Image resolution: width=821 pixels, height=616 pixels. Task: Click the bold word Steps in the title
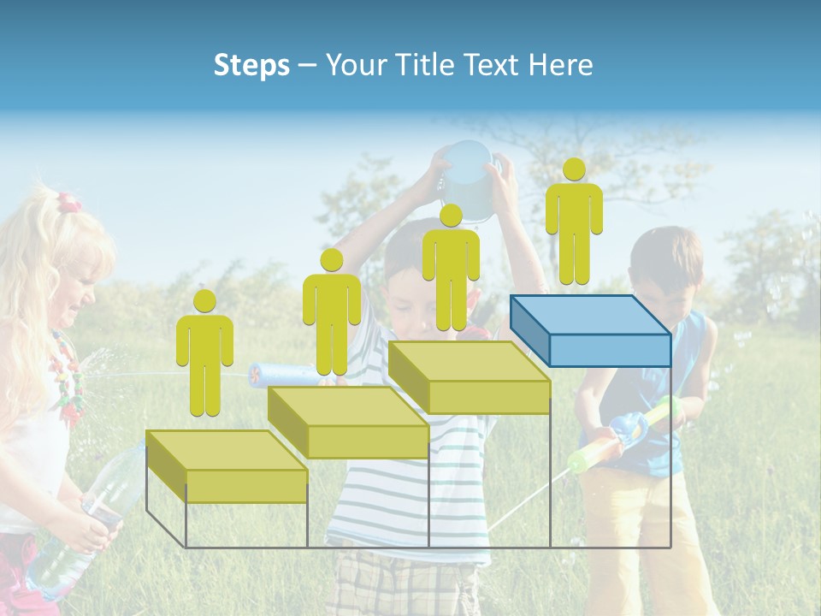[251, 66]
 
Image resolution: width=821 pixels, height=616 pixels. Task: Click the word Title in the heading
[424, 66]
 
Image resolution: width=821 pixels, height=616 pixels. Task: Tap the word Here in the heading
[560, 66]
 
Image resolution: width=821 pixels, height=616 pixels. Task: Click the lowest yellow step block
[227, 467]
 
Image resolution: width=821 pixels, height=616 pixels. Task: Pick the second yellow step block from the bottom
[348, 423]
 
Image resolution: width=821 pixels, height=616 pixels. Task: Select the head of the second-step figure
[331, 260]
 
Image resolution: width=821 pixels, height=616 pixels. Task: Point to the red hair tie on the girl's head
[68, 203]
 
